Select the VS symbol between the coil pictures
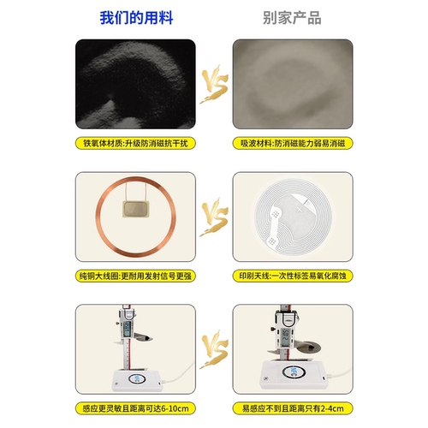pos(214,218)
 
